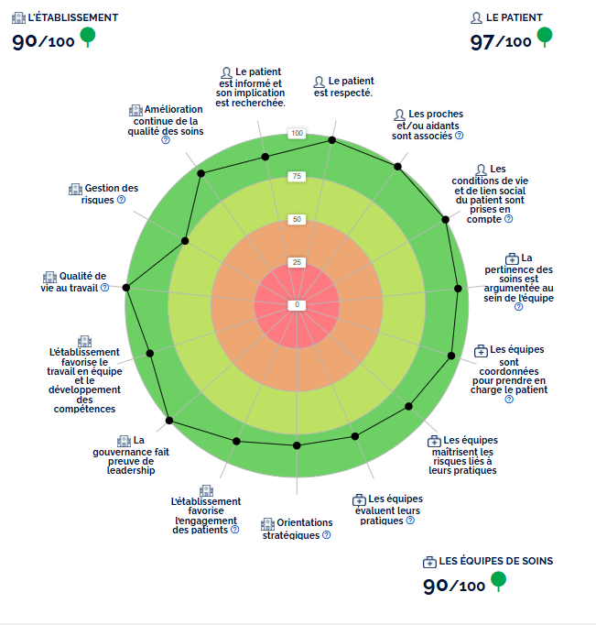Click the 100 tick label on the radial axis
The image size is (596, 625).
click(x=297, y=134)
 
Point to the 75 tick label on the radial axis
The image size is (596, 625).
click(x=297, y=176)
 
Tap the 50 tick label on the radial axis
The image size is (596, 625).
click(x=297, y=219)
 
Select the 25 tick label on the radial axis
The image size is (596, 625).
click(x=297, y=262)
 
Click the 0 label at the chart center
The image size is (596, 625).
click(x=297, y=304)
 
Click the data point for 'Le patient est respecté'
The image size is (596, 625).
click(x=332, y=140)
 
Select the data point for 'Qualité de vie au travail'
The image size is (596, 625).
click(x=126, y=288)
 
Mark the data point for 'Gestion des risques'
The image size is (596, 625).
click(x=185, y=241)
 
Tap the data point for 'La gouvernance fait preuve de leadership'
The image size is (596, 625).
click(x=169, y=422)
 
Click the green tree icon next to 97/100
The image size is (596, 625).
click(x=544, y=37)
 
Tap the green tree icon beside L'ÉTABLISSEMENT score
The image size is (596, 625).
click(x=88, y=37)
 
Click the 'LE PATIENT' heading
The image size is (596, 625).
click(x=515, y=17)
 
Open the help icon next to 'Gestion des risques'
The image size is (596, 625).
click(x=121, y=199)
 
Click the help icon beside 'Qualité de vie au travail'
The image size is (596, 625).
click(x=105, y=287)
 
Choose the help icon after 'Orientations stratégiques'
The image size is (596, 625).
click(x=327, y=535)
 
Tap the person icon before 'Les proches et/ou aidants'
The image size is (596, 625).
click(x=398, y=115)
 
